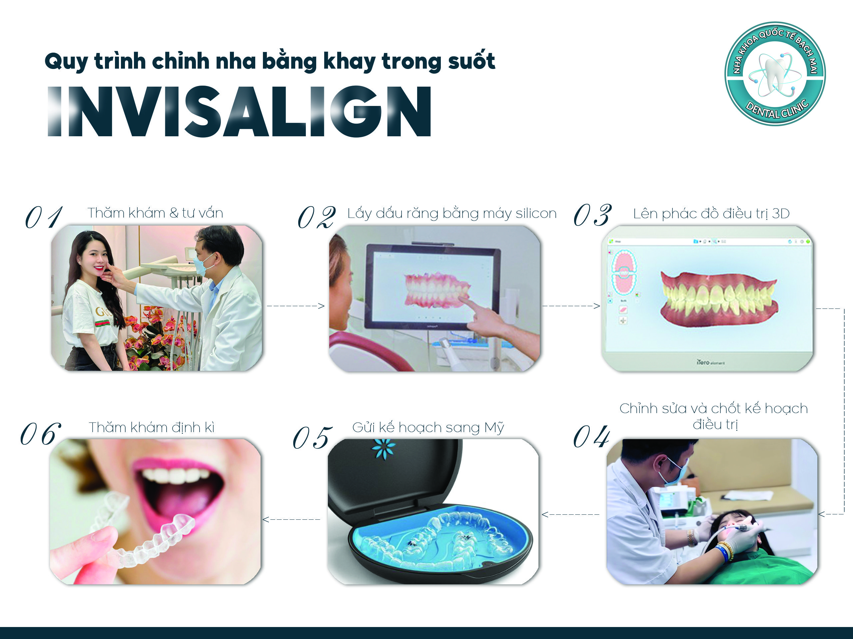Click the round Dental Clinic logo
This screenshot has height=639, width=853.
[x=775, y=74]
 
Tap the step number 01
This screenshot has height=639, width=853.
[x=44, y=217]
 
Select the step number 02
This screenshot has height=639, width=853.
[x=316, y=217]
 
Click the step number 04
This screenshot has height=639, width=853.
[x=591, y=436]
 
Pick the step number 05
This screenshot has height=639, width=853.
[x=312, y=438]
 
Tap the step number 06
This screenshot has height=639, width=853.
[x=41, y=434]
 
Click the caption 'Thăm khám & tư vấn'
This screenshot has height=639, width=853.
[x=155, y=213]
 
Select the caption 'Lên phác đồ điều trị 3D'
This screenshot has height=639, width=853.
[x=711, y=214]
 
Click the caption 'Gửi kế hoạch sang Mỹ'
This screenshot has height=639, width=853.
[x=428, y=428]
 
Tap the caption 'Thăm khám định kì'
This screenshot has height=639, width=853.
[x=152, y=427]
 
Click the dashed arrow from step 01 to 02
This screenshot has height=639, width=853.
[x=296, y=306]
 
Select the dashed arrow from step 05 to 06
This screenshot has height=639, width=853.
[x=291, y=519]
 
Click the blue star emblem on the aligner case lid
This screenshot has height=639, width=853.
[x=384, y=448]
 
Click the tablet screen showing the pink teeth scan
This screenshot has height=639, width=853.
[x=433, y=286]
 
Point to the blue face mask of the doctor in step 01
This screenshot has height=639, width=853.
[x=204, y=265]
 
